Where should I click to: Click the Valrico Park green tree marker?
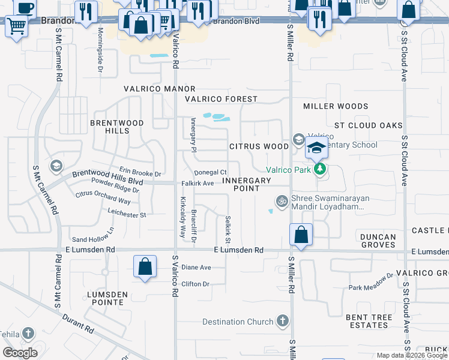pyautogui.click(x=321, y=170)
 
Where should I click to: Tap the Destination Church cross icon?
pyautogui.click(x=283, y=322)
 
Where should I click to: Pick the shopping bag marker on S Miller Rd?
pyautogui.click(x=301, y=235)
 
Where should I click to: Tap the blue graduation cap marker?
pyautogui.click(x=316, y=148)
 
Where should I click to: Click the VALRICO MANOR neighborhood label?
pyautogui.click(x=151, y=89)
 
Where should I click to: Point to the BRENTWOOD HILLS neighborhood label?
pyautogui.click(x=117, y=127)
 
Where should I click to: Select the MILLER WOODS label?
pyautogui.click(x=336, y=106)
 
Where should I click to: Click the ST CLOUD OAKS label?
pyautogui.click(x=368, y=125)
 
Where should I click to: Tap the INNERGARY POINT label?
pyautogui.click(x=250, y=184)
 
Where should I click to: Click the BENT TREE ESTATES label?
pyautogui.click(x=368, y=321)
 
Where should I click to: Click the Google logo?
pyautogui.click(x=20, y=352)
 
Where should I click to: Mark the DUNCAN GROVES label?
pyautogui.click(x=378, y=241)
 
